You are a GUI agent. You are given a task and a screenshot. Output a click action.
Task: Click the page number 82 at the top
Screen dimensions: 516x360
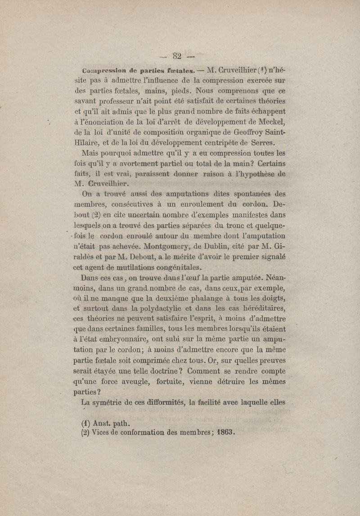tap(176, 56)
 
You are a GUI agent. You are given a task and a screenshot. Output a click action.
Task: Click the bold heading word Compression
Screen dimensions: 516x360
tap(99, 71)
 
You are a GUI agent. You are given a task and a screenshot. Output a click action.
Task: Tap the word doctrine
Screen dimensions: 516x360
tap(161, 371)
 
